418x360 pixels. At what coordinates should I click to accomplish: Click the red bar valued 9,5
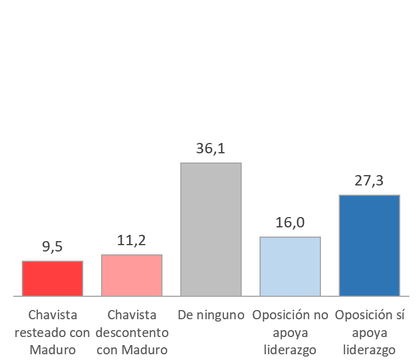pyautogui.click(x=52, y=278)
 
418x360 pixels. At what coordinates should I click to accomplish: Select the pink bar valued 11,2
pyautogui.click(x=131, y=276)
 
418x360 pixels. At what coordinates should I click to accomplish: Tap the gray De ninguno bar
pyautogui.click(x=211, y=230)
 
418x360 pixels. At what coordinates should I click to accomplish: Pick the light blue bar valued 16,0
pyautogui.click(x=290, y=266)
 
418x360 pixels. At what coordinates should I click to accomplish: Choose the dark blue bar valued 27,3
pyautogui.click(x=369, y=246)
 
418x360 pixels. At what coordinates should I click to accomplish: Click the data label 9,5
pyautogui.click(x=52, y=247)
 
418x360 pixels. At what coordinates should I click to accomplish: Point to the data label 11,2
pyautogui.click(x=131, y=241)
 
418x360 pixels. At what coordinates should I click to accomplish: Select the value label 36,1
pyautogui.click(x=211, y=149)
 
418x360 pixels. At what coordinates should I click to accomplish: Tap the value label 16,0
pyautogui.click(x=290, y=223)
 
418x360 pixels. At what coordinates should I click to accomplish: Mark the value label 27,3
pyautogui.click(x=369, y=181)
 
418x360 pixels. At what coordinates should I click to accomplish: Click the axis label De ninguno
pyautogui.click(x=211, y=315)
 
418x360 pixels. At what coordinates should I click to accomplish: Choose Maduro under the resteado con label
pyautogui.click(x=52, y=350)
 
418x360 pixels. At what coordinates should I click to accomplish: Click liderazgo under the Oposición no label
pyautogui.click(x=290, y=350)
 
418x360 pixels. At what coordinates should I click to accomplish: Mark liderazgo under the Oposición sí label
pyautogui.click(x=369, y=350)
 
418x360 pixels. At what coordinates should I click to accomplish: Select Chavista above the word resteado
pyautogui.click(x=52, y=315)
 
